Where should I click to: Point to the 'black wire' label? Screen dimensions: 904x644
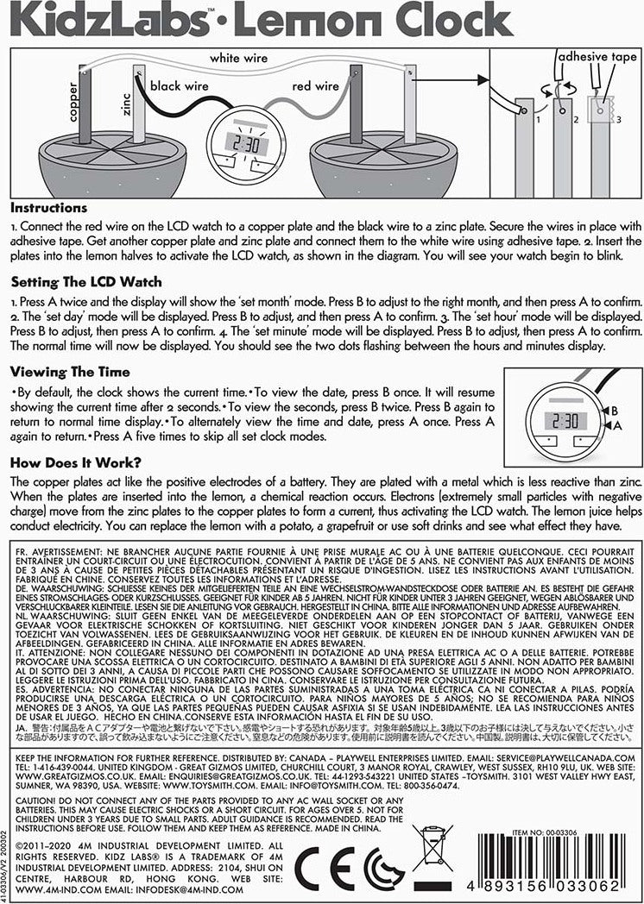pyautogui.click(x=180, y=86)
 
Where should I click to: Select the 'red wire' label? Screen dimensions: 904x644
pyautogui.click(x=316, y=86)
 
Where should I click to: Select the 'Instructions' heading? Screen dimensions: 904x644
pyautogui.click(x=48, y=208)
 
